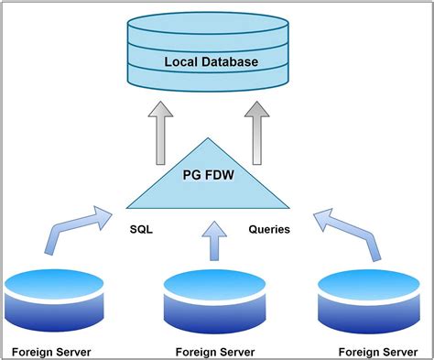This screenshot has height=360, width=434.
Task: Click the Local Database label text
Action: click(x=211, y=62)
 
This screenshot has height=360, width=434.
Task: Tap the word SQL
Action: click(x=141, y=229)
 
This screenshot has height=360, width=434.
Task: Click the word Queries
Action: click(x=269, y=229)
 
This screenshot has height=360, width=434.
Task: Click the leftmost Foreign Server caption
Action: click(x=51, y=351)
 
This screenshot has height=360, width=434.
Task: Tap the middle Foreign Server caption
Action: click(x=213, y=351)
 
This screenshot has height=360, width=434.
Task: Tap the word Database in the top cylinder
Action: click(x=230, y=62)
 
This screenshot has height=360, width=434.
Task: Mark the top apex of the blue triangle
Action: click(x=210, y=138)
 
